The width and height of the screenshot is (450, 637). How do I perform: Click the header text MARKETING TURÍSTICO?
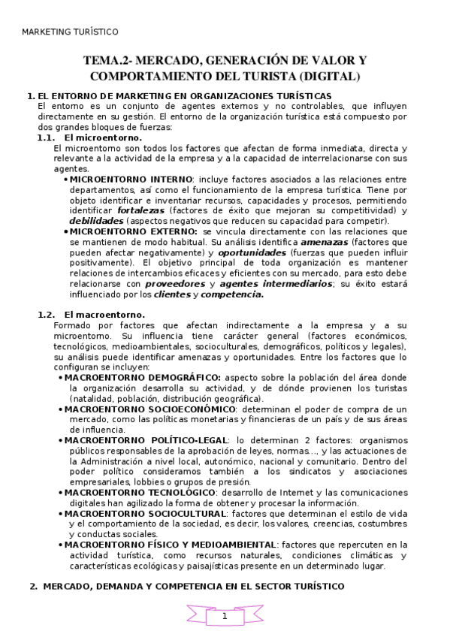pyautogui.click(x=70, y=32)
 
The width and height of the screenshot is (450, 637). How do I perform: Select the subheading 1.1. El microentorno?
pyautogui.click(x=89, y=138)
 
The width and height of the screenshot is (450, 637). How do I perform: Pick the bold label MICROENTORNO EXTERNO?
pyautogui.click(x=134, y=232)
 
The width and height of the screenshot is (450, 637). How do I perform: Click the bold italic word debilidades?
pyautogui.click(x=97, y=222)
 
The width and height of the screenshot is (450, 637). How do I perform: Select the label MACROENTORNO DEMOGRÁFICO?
pyautogui.click(x=142, y=377)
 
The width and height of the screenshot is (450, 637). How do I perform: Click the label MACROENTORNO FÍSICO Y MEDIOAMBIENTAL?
pyautogui.click(x=170, y=545)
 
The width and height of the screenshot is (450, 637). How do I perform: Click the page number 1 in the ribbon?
pyautogui.click(x=225, y=616)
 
